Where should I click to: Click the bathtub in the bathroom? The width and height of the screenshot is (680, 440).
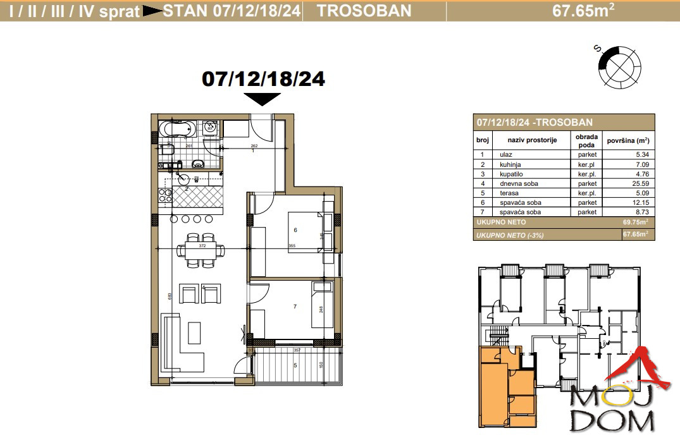(x=174, y=130)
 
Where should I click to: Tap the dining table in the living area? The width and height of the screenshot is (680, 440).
(x=199, y=250)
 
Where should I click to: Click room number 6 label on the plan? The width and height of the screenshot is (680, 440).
(x=295, y=230)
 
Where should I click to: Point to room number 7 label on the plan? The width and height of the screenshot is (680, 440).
(x=295, y=307)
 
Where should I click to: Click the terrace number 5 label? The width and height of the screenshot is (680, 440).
(x=294, y=365)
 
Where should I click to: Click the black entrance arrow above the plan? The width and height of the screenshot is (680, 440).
(x=262, y=99)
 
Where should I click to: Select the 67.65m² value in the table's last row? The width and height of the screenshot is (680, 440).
(x=635, y=234)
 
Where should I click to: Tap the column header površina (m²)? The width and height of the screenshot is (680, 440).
(x=627, y=140)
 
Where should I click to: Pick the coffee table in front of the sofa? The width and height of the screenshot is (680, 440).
(x=194, y=333)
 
